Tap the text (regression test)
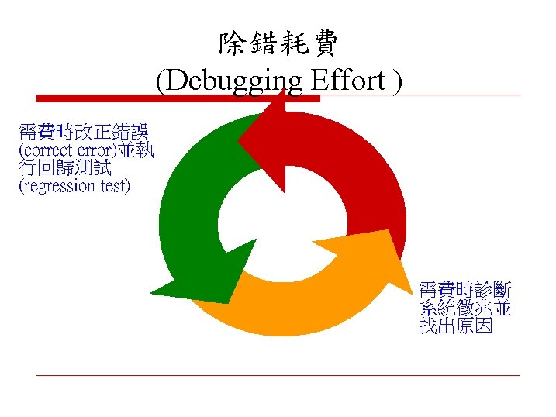click(74, 186)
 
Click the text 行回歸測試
click(65, 167)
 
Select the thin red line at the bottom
click(278, 376)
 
